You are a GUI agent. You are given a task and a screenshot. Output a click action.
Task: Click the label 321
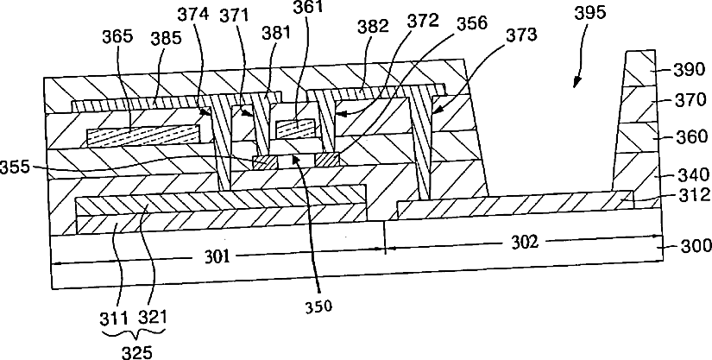(153, 318)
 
